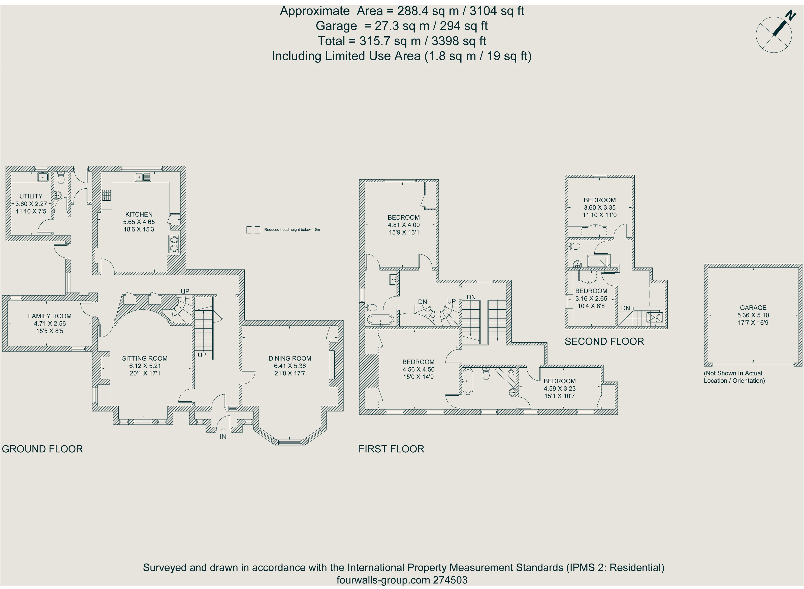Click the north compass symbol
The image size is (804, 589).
(x=774, y=35)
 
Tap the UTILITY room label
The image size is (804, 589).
(x=31, y=196)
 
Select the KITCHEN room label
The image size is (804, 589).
(x=139, y=215)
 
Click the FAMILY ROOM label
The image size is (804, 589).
(x=50, y=316)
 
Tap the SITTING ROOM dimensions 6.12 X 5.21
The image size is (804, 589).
(x=145, y=366)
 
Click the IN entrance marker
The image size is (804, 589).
(x=223, y=437)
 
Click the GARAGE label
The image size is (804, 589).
(x=753, y=308)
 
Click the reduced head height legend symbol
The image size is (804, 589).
(x=253, y=230)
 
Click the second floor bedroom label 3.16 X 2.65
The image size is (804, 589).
(x=591, y=299)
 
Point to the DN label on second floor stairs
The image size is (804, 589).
(x=626, y=308)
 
